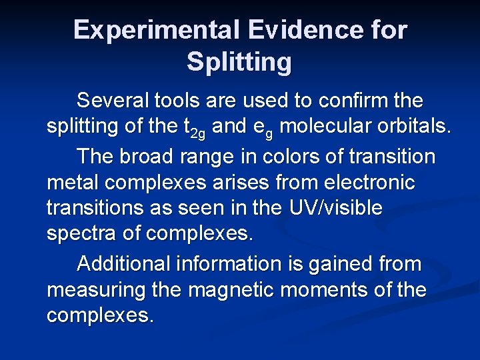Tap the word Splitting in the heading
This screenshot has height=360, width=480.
pyautogui.click(x=239, y=62)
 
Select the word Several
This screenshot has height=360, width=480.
pyautogui.click(x=114, y=101)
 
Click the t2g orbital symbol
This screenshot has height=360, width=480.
pyautogui.click(x=194, y=128)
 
